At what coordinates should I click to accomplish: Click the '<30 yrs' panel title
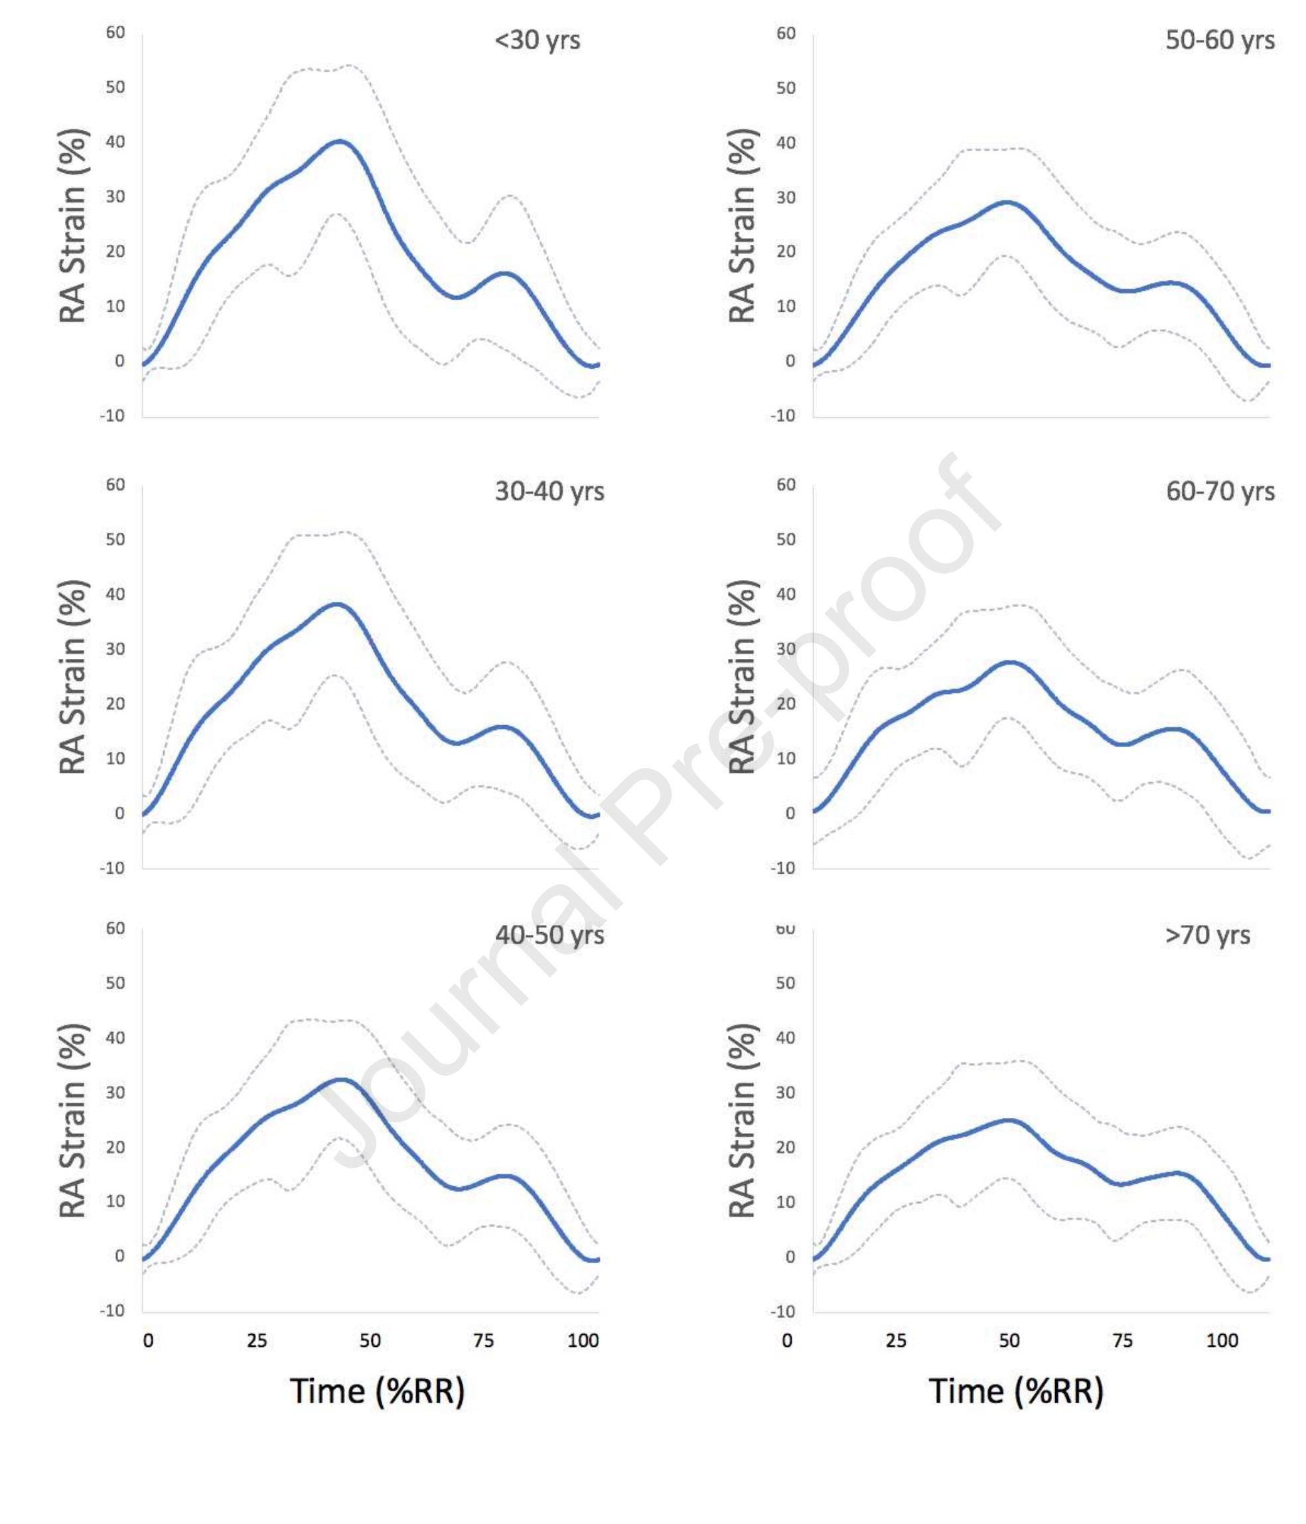(x=537, y=40)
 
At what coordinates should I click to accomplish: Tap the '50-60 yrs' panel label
(x=1219, y=40)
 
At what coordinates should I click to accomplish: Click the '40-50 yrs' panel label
(x=549, y=935)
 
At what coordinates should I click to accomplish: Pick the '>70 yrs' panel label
(x=1206, y=935)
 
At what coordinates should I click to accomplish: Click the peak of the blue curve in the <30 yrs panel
(x=338, y=141)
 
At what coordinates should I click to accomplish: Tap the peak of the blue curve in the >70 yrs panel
(x=1010, y=1120)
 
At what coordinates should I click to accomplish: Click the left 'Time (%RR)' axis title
(x=378, y=1391)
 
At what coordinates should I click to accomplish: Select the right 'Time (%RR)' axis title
(x=1016, y=1391)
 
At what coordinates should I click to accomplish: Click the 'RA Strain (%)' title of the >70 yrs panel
(x=743, y=1120)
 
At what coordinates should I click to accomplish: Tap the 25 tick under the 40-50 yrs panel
(x=257, y=1340)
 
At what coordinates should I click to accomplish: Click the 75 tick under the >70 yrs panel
(x=1122, y=1340)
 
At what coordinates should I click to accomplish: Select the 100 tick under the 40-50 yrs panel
(x=583, y=1340)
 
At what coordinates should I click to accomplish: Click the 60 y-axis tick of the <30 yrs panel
(x=115, y=33)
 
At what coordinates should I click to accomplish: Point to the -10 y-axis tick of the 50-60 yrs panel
(x=783, y=415)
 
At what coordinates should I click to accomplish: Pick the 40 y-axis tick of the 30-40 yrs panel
(x=115, y=594)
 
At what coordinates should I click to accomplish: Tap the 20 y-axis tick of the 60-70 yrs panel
(x=786, y=703)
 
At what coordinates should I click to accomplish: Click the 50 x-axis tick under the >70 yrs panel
(x=1009, y=1340)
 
